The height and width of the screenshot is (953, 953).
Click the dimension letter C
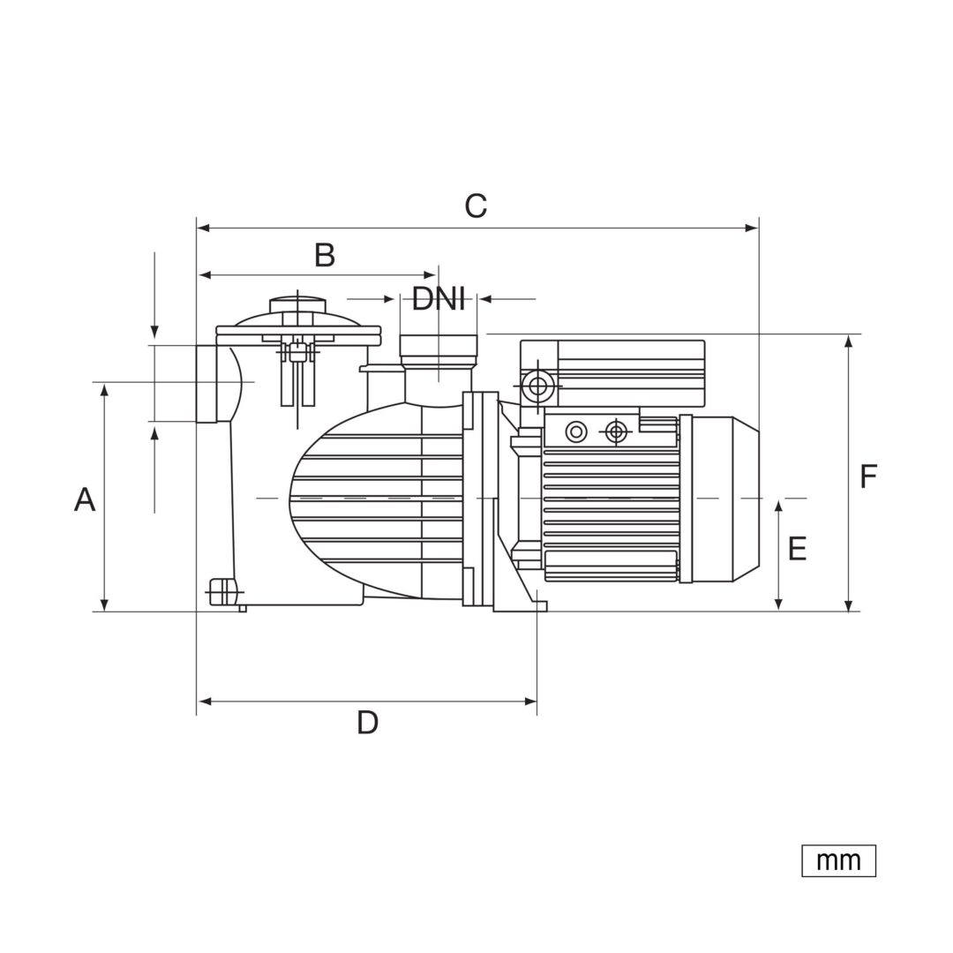tap(476, 206)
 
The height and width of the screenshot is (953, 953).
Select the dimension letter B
tap(325, 255)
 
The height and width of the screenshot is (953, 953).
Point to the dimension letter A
tap(85, 499)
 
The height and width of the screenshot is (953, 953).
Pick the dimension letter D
tap(367, 723)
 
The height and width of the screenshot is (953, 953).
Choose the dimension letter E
tap(797, 549)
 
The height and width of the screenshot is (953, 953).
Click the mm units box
tap(839, 860)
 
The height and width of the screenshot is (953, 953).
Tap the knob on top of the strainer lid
tap(297, 304)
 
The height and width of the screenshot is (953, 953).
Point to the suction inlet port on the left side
tap(206, 384)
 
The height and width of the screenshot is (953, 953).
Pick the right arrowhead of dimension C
tap(753, 229)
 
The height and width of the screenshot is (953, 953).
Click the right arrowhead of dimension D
tap(530, 702)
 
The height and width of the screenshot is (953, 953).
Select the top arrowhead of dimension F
tap(849, 341)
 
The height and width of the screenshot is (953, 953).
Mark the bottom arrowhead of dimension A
tap(104, 604)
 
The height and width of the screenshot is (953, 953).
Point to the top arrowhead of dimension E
tap(779, 508)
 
